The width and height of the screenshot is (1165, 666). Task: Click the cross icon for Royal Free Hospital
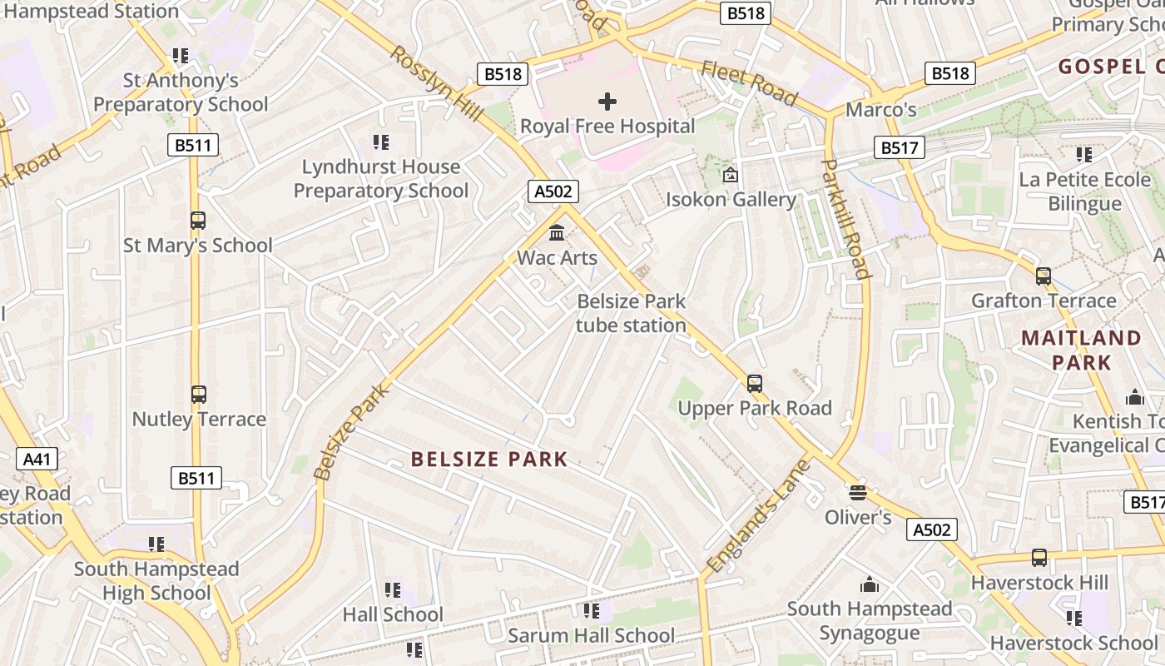[x=607, y=102]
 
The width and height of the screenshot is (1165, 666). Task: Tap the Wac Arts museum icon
[x=557, y=232]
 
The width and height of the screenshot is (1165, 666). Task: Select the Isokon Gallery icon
[x=731, y=175]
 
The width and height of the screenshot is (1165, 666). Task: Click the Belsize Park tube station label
[x=632, y=313]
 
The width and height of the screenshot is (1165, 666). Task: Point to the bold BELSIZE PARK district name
[x=489, y=459]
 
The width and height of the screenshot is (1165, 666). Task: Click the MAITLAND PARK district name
[x=1081, y=350]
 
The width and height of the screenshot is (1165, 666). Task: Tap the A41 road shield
[x=37, y=459]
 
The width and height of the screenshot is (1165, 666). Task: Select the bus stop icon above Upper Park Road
[x=754, y=383]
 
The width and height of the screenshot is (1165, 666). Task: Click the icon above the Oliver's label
[x=857, y=492]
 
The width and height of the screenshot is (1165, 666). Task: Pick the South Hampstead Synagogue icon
[x=869, y=584]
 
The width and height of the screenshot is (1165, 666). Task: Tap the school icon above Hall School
[x=393, y=590]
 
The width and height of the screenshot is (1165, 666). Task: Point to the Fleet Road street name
[x=749, y=83]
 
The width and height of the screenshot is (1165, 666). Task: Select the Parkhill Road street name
[x=845, y=218]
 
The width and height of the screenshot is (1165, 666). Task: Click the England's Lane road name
[x=757, y=516]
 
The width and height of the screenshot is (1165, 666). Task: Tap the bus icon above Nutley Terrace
[x=198, y=394]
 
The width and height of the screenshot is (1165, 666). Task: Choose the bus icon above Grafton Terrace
[x=1043, y=276]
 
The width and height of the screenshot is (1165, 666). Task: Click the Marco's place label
[x=880, y=110]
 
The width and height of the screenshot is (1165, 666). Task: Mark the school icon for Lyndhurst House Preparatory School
[x=380, y=142]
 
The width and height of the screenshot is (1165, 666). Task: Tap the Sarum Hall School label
[x=591, y=635]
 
